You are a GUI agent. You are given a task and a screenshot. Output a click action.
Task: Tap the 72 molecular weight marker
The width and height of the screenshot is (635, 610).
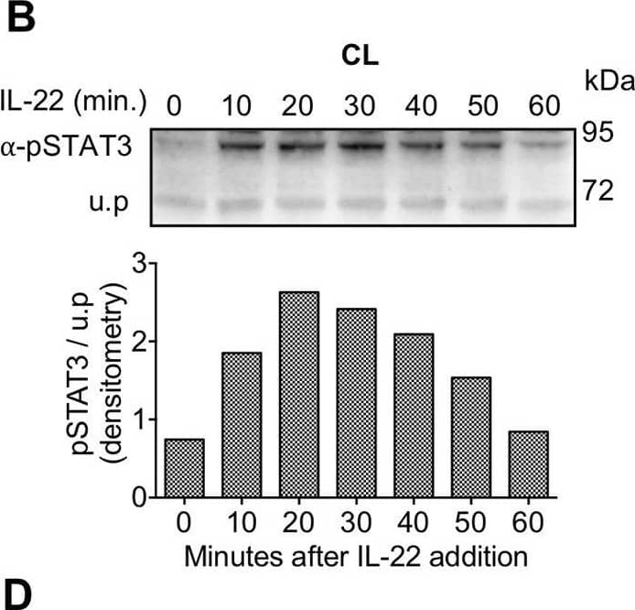tap(597, 191)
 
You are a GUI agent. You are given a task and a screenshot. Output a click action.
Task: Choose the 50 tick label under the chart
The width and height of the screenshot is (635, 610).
tap(474, 523)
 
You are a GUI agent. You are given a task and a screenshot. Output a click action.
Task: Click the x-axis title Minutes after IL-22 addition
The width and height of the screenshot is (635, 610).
tap(355, 553)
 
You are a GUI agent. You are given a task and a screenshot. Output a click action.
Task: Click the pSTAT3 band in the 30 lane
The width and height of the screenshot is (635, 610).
tap(357, 145)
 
